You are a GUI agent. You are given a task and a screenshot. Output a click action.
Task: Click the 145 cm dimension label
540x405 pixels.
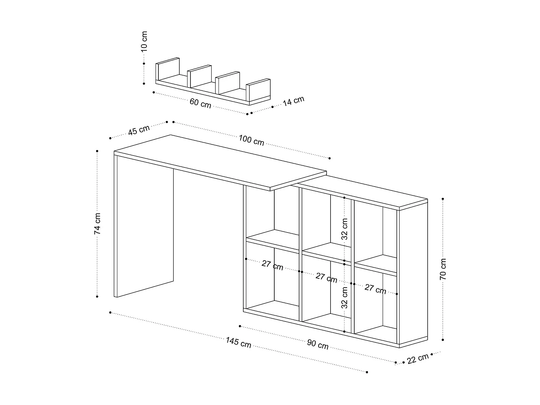coord(238,343)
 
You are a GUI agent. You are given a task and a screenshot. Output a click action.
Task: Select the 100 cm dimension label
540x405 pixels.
coord(251,140)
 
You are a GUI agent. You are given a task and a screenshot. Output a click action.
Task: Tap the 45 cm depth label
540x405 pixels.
coord(139,130)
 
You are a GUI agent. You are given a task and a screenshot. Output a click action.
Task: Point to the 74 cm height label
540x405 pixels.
coord(98,224)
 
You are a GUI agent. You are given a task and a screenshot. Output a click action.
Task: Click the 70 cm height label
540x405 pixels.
coord(443,269)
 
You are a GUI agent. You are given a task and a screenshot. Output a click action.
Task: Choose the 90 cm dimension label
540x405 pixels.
coord(318,344)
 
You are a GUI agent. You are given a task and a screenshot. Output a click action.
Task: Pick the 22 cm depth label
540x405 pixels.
coord(418,359)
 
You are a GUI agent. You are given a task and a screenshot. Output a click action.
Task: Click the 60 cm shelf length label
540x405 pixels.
coord(200,103)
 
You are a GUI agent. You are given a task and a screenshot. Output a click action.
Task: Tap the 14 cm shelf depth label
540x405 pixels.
coord(293,101)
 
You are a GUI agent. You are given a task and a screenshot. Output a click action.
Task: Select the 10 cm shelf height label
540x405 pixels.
coord(144,41)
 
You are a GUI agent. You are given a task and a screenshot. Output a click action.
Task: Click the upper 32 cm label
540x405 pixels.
coord(345,229)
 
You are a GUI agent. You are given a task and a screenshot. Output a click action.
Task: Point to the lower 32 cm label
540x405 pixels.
coord(345,298)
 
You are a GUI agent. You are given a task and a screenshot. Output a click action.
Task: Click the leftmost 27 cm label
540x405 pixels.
coord(272,265)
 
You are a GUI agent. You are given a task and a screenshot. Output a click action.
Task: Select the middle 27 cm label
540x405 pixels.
coord(326,278)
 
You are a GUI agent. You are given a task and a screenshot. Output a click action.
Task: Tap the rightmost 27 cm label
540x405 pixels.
coord(375,289)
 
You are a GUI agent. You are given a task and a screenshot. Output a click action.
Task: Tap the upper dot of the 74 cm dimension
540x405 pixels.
coord(97,151)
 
